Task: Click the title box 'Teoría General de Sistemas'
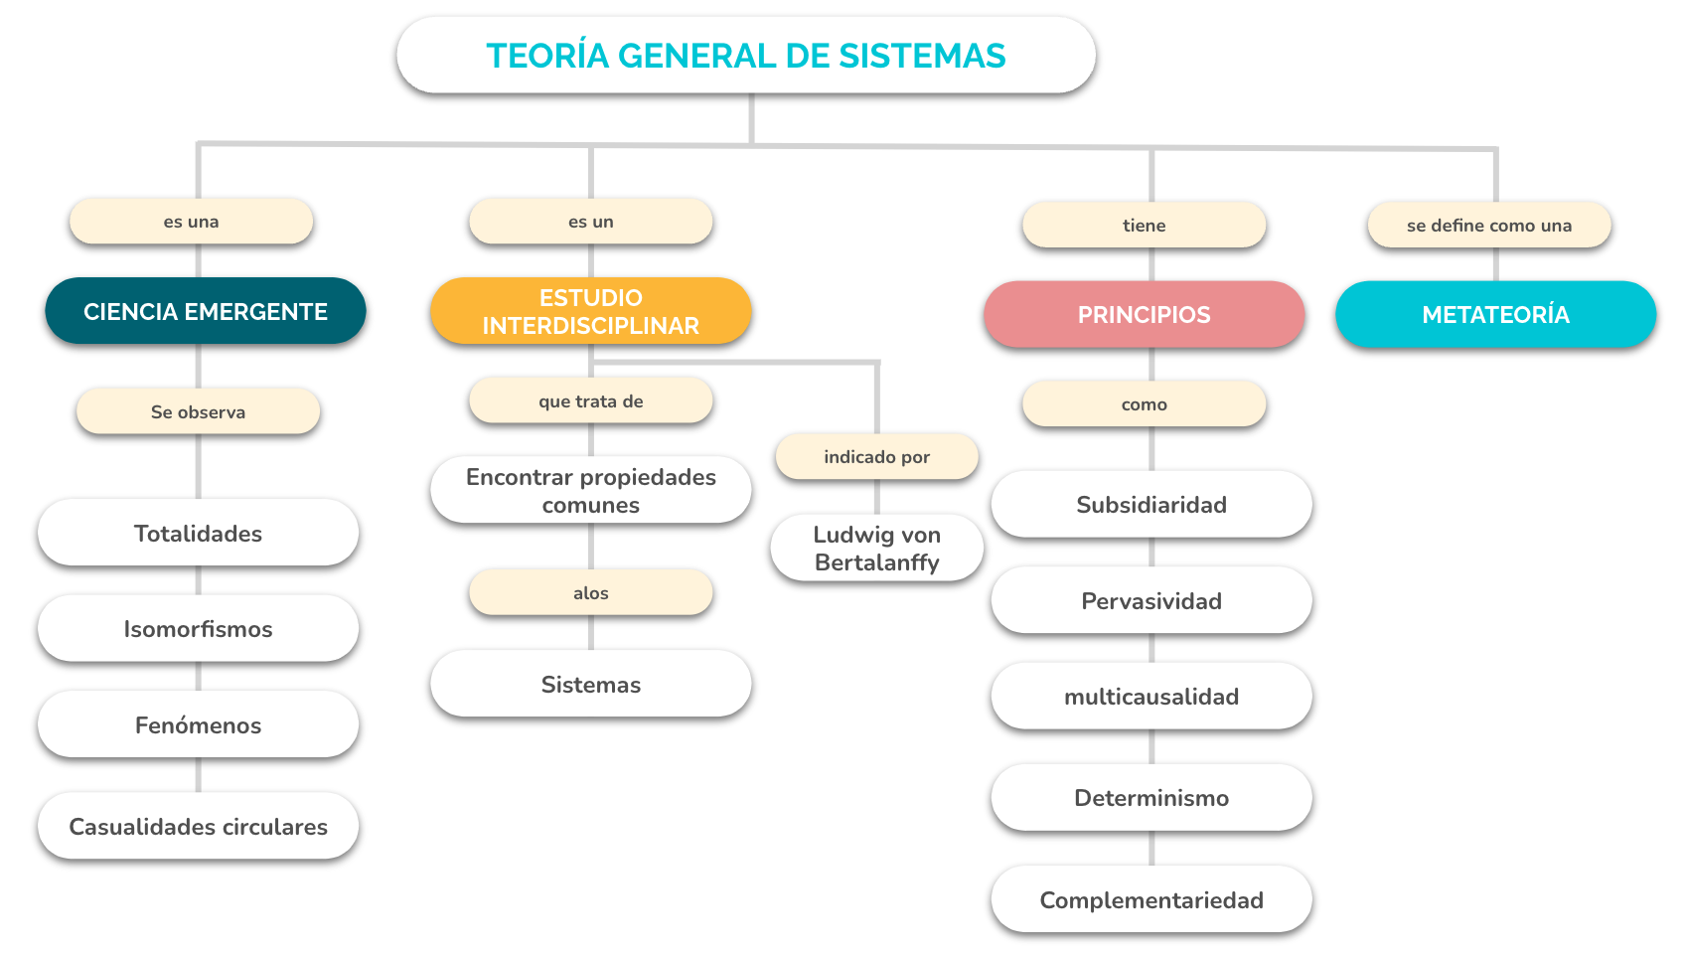745,56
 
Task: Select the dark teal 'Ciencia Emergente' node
206,311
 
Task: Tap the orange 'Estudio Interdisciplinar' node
590,311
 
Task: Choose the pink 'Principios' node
1145,314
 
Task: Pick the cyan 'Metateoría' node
1495,314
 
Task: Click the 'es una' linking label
191,222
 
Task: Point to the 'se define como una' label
1489,225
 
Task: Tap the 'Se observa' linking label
198,410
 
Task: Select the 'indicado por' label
877,456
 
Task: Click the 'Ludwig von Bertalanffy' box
877,548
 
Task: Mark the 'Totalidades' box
198,533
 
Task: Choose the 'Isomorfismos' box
198,628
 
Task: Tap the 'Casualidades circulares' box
198,827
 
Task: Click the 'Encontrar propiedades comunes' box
590,490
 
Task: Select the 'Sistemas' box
590,684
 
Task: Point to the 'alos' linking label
590,592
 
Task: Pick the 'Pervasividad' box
1150,600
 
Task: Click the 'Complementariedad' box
1150,899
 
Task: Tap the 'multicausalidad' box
1150,696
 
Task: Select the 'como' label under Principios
1145,403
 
